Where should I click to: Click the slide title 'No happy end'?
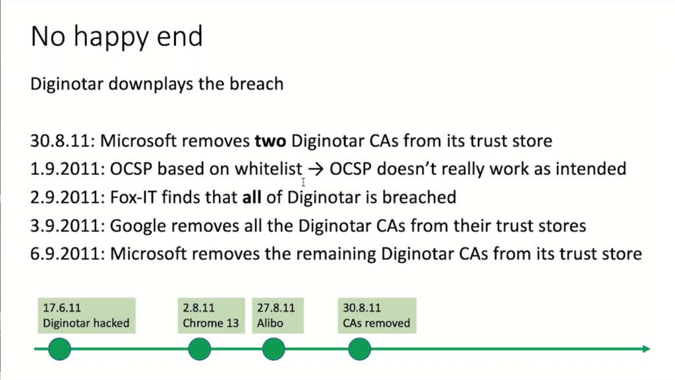pyautogui.click(x=117, y=37)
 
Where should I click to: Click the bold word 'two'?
pyautogui.click(x=270, y=141)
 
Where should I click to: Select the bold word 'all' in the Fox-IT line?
pyautogui.click(x=252, y=197)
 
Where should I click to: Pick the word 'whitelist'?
pyautogui.click(x=269, y=169)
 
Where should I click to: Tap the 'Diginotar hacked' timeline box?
pyautogui.click(x=86, y=315)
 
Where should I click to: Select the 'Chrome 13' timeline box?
pyautogui.click(x=211, y=315)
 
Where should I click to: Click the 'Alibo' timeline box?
pyautogui.click(x=278, y=315)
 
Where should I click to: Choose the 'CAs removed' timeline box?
pyautogui.click(x=376, y=315)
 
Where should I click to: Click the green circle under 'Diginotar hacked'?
pyautogui.click(x=59, y=349)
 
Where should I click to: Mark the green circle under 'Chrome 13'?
pyautogui.click(x=199, y=349)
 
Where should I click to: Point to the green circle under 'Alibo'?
pyautogui.click(x=274, y=349)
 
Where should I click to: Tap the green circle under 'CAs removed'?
pyautogui.click(x=359, y=349)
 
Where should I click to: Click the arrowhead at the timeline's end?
pyautogui.click(x=647, y=349)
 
